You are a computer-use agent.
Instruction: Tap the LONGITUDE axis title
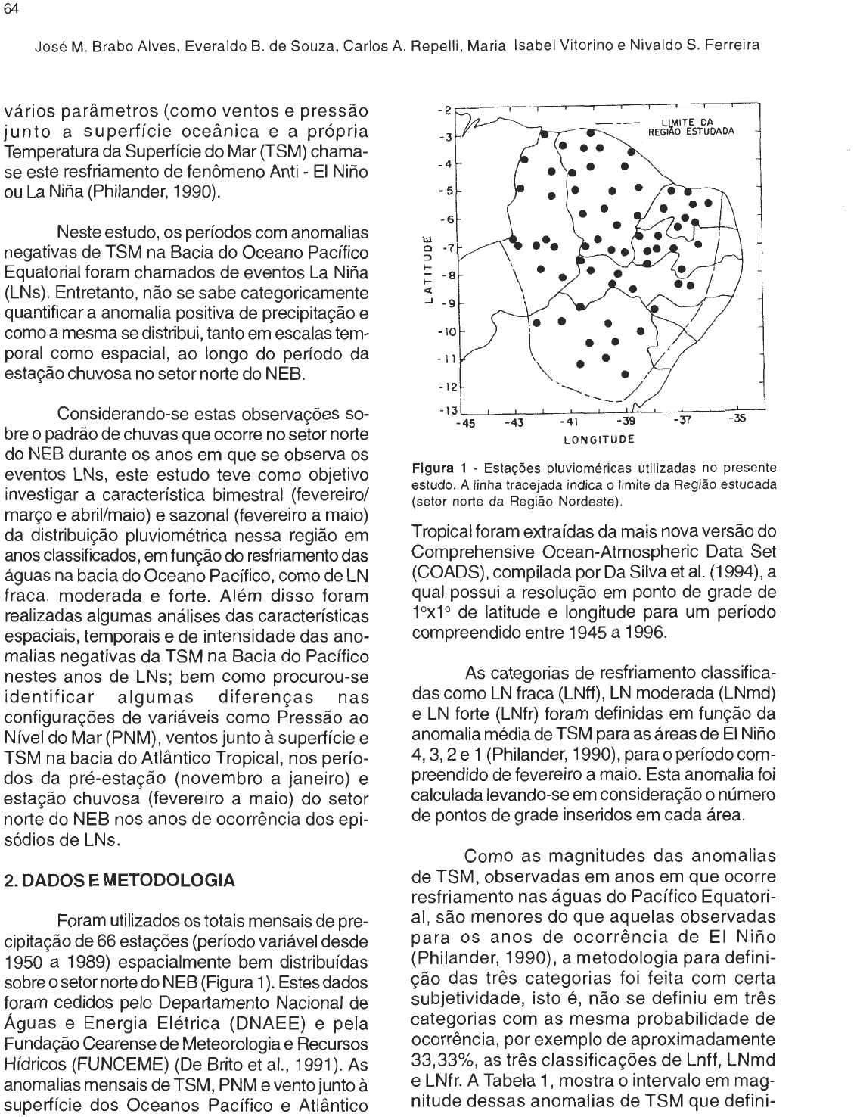point(598,437)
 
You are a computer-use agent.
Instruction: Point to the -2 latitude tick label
point(446,110)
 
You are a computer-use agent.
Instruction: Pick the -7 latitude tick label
point(447,247)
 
